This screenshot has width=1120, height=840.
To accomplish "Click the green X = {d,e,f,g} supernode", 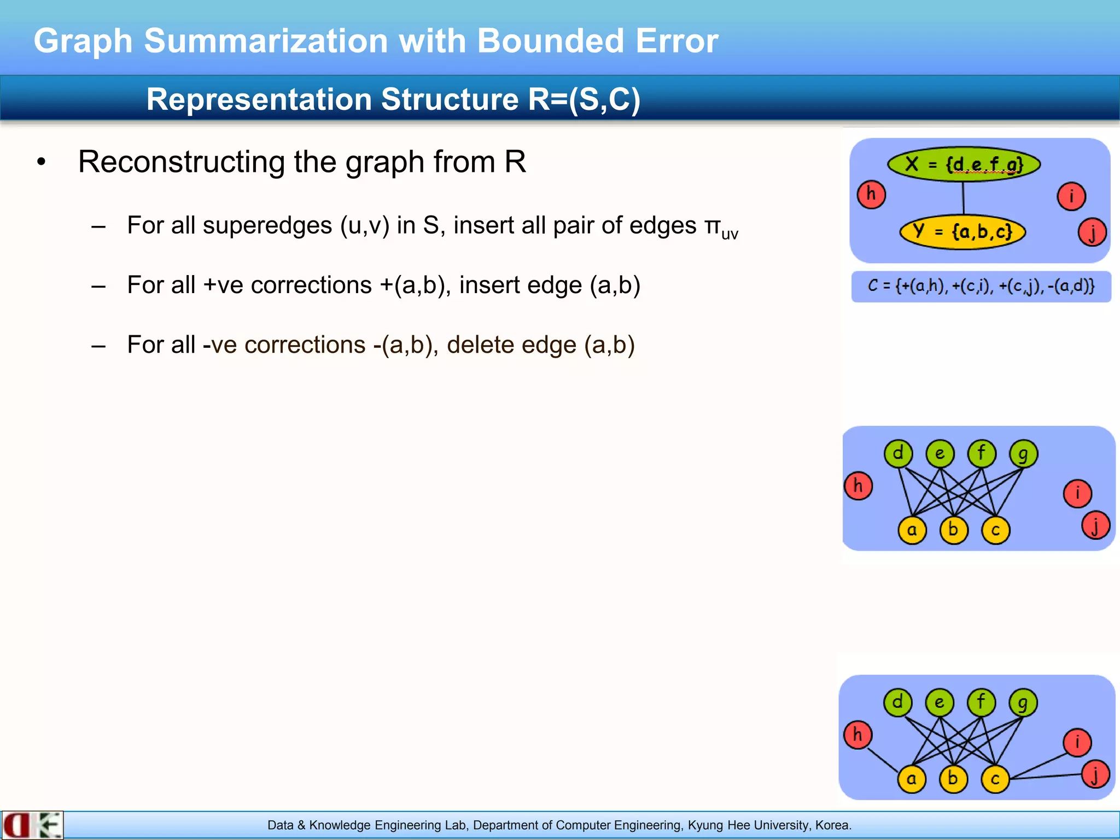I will [964, 164].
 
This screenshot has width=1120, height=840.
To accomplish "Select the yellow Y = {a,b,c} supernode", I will [962, 232].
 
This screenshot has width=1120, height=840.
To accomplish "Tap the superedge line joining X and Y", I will [964, 198].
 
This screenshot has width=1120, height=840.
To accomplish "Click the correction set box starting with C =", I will [981, 287].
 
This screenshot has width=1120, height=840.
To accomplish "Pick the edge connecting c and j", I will [1046, 776].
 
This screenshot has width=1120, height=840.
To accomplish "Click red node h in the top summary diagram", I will [871, 195].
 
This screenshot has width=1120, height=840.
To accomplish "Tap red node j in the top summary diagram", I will [1092, 232].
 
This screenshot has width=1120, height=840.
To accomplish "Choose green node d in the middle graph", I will [898, 454].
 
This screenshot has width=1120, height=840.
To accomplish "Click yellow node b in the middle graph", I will [954, 530].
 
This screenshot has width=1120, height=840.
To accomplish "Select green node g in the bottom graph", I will [1023, 703].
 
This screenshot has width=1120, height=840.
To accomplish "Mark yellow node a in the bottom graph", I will [912, 779].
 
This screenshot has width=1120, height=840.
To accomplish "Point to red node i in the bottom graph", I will [1077, 743].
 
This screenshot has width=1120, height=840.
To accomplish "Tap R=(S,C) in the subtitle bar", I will [584, 100].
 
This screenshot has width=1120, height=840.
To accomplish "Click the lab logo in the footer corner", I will [32, 825].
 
